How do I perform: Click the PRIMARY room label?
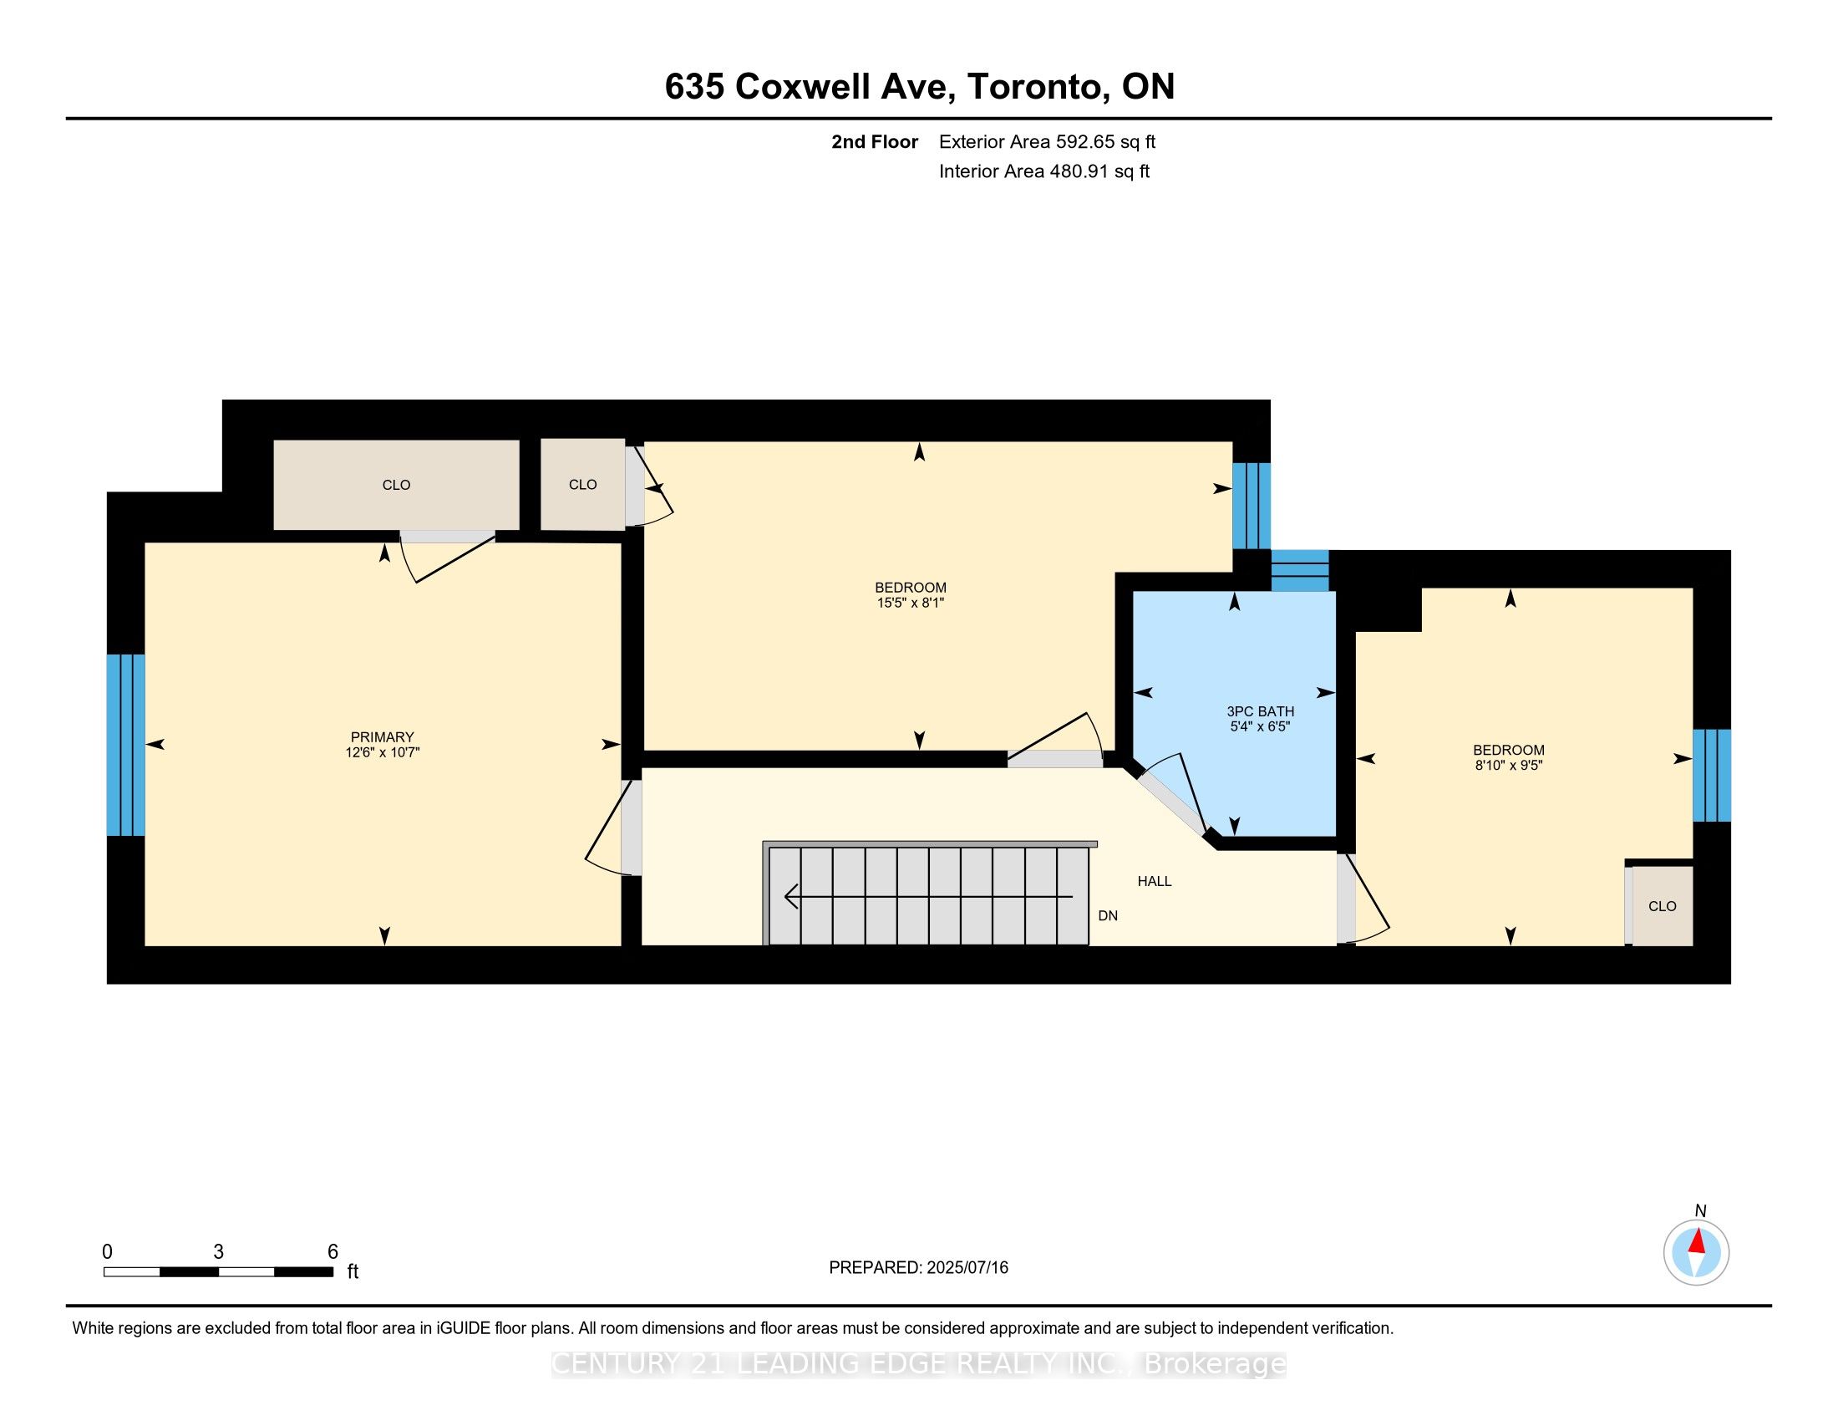coord(382,737)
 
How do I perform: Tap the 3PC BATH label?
coord(1260,711)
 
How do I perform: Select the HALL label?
coord(1155,881)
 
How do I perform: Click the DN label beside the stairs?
coord(1108,916)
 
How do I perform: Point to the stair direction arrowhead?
coord(791,897)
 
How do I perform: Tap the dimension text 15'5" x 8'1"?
coord(911,603)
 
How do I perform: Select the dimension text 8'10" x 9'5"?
coord(1508,765)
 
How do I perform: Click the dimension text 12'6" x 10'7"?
coord(382,752)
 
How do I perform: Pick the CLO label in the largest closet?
coord(396,485)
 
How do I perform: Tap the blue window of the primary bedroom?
coord(126,745)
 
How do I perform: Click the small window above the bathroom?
coord(1299,571)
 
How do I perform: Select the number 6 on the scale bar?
coord(333,1252)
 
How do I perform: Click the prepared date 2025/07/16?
coord(967,1268)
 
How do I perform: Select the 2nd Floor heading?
coord(875,141)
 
